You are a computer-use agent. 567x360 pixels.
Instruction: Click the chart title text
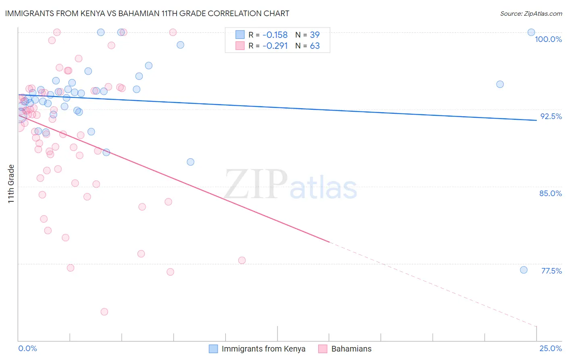(x=147, y=13)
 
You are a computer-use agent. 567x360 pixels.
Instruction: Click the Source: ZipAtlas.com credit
(x=531, y=14)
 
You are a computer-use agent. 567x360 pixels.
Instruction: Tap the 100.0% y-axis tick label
(x=548, y=39)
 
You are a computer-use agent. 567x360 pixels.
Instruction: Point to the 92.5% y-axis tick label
(x=551, y=116)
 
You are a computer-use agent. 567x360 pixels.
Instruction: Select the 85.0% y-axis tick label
(x=550, y=193)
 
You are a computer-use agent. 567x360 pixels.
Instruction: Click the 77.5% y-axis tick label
(x=551, y=271)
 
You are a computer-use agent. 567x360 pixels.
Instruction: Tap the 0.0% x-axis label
(x=27, y=348)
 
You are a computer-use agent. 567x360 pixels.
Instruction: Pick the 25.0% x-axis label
(x=550, y=348)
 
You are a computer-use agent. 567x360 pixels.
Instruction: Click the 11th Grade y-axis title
(x=11, y=184)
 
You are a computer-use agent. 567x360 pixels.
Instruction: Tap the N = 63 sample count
(x=307, y=46)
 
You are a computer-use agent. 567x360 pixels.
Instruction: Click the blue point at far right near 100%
(x=531, y=32)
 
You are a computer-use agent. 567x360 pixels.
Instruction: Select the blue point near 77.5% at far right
(x=523, y=270)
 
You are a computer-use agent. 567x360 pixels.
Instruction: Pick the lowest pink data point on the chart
(x=104, y=312)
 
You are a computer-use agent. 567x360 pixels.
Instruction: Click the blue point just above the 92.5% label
(x=500, y=84)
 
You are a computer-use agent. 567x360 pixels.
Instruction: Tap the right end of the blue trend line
(x=536, y=120)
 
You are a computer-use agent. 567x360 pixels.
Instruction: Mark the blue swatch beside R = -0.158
(x=240, y=35)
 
